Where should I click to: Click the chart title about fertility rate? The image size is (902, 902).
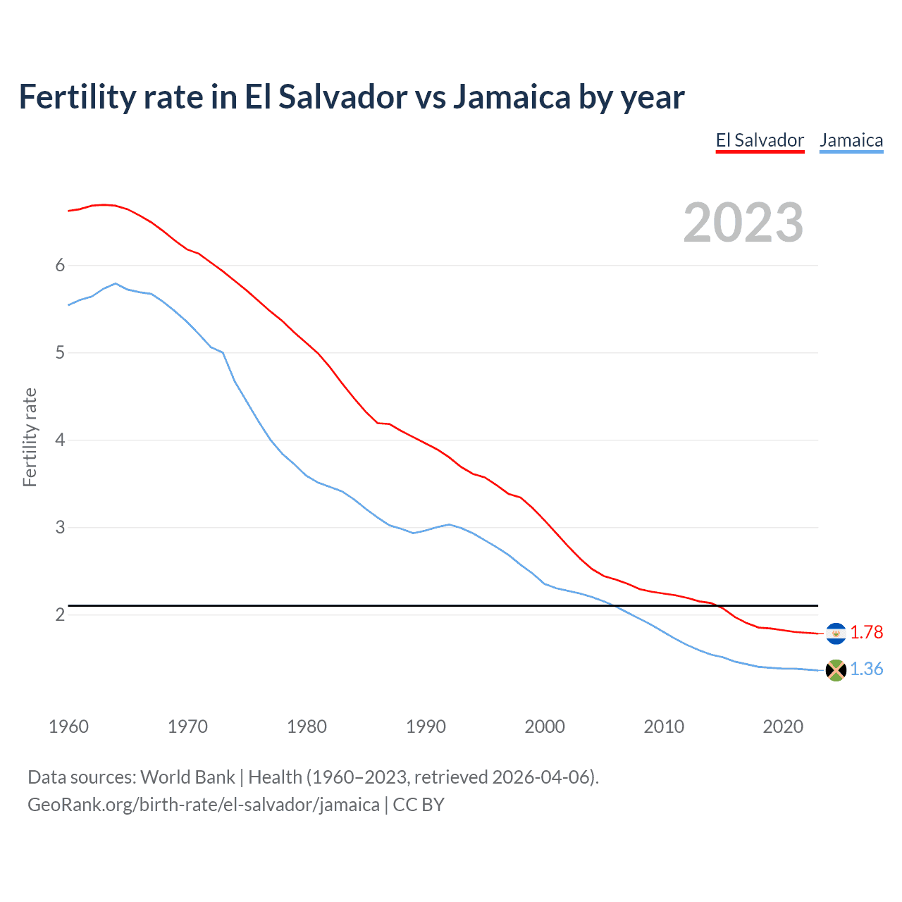351,97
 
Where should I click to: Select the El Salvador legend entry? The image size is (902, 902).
760,140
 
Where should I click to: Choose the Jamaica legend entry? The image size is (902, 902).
851,140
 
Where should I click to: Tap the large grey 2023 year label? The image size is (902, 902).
743,223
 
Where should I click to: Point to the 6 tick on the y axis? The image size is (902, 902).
60,265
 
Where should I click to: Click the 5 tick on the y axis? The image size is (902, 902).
60,352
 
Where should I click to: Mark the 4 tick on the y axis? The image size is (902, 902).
60,440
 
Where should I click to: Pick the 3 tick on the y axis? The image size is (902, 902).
60,527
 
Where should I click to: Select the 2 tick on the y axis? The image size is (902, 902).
60,614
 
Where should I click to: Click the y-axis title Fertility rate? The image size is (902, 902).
30,437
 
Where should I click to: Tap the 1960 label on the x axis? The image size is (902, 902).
68,727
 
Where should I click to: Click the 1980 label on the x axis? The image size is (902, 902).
307,727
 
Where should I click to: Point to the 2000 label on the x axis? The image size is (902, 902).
545,727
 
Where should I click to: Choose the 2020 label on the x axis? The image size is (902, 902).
783,727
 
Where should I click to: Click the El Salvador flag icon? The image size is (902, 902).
836,634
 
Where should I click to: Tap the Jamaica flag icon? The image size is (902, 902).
836,670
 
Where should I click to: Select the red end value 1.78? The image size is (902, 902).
866,633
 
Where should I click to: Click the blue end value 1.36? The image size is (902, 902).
866,669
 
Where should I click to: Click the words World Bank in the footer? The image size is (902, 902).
187,777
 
